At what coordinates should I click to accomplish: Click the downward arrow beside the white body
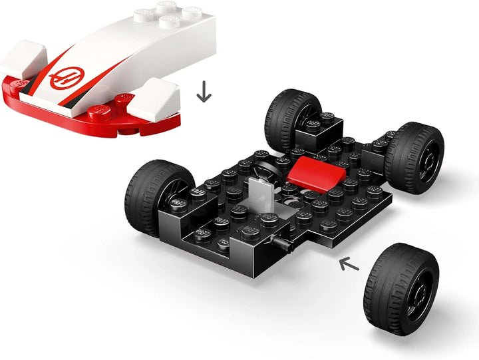tap(204, 92)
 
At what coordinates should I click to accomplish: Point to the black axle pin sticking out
tap(284, 248)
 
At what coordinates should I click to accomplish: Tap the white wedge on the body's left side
tap(22, 59)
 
